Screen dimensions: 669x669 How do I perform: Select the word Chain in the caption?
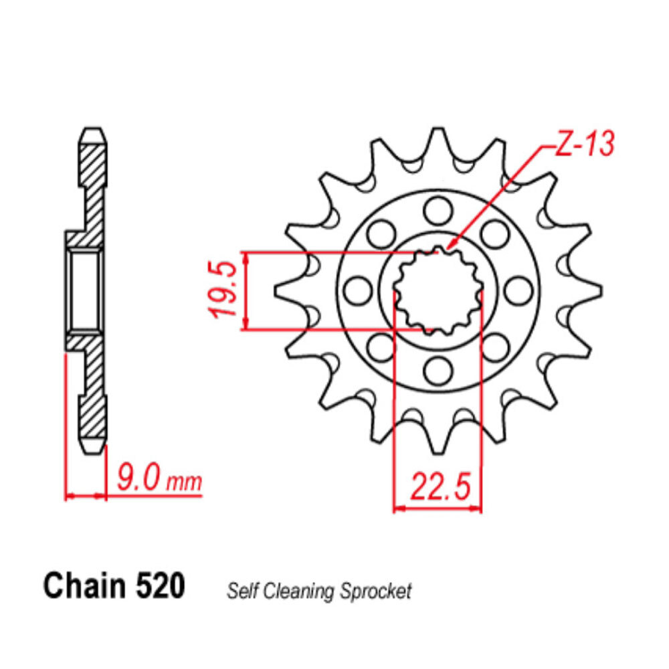[84, 586]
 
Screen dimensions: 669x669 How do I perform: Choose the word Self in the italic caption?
[241, 591]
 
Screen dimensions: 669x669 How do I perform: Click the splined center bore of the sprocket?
[438, 290]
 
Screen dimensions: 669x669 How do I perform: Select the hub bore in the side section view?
[85, 289]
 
